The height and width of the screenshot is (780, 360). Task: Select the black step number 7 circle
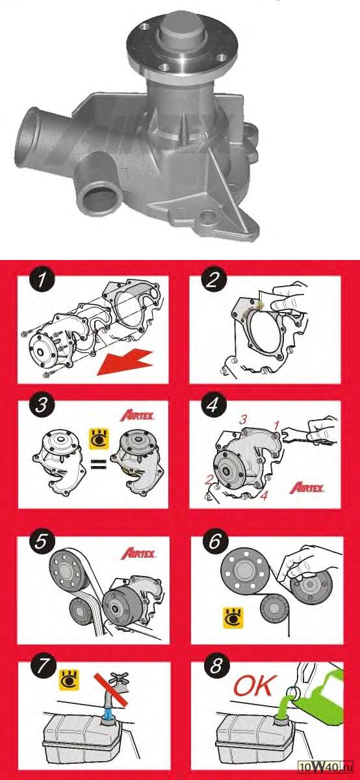tap(43, 667)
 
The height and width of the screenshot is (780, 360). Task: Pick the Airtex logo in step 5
tap(138, 554)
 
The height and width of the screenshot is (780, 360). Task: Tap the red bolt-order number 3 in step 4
tap(242, 420)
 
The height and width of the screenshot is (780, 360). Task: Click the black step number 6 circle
tap(215, 542)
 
